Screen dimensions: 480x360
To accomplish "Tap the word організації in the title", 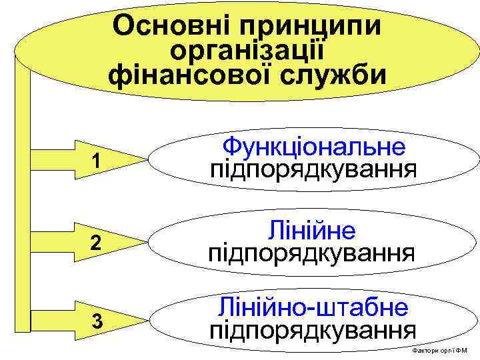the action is pos(247,51).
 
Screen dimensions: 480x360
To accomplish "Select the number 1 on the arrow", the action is pos(98,161).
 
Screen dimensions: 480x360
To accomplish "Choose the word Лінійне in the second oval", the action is pos(311,231).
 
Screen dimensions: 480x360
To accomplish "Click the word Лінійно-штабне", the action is pos(313,308).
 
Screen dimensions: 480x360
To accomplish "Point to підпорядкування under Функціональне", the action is pos(313,169).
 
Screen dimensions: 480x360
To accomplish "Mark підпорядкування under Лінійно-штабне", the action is pos(313,330).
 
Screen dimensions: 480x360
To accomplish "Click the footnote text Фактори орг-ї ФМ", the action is pos(440,351).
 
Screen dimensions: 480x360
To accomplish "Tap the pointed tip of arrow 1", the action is pos(145,161).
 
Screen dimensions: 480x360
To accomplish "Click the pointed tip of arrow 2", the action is pos(145,243).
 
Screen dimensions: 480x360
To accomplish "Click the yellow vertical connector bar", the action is pos(24,200).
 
